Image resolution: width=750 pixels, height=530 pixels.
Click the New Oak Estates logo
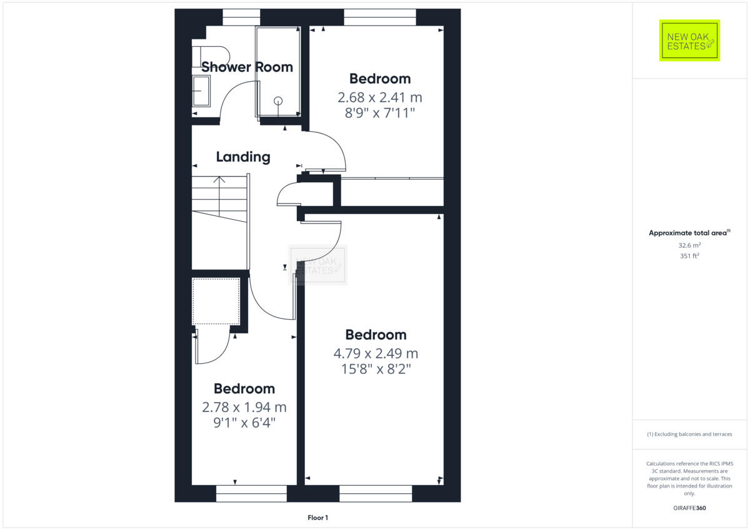[689, 41]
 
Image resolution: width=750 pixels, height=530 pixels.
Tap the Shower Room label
[247, 67]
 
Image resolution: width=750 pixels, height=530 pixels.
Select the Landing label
[243, 157]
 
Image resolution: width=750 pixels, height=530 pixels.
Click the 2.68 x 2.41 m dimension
[379, 97]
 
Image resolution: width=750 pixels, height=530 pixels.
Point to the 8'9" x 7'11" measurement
[379, 113]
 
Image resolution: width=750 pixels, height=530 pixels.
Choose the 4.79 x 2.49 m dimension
[376, 353]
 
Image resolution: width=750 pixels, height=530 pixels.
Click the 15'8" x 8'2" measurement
[376, 369]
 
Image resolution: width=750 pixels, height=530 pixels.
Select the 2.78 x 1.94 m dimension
[244, 407]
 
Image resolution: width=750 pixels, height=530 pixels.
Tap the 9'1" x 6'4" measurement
[244, 423]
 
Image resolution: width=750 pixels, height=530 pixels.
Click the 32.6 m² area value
[689, 245]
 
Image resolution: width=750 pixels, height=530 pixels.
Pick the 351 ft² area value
[689, 255]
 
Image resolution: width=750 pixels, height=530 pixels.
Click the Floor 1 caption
[317, 518]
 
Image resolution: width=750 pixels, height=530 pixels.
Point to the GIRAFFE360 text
[689, 508]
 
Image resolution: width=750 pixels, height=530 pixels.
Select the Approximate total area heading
[689, 233]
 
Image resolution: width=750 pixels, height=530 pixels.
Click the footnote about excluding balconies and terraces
[689, 434]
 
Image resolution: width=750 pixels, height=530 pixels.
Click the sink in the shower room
[201, 91]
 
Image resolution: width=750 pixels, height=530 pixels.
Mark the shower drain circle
[278, 101]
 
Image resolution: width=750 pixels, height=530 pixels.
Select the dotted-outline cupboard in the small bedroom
[216, 302]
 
